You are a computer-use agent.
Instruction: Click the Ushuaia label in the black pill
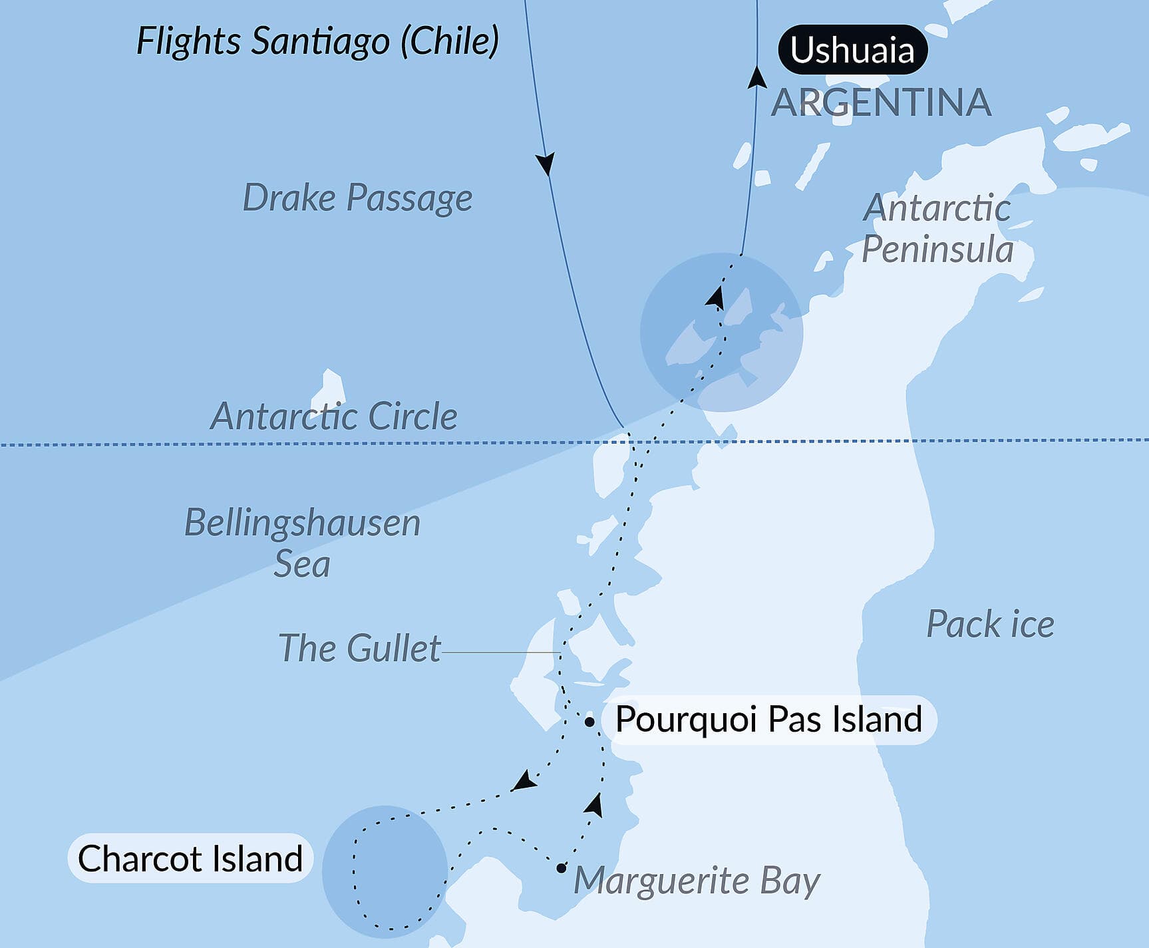pos(852,50)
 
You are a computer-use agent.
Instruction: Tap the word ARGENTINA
pos(881,102)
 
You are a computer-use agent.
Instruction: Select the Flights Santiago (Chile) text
pos(317,41)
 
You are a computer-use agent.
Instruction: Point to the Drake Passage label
pos(357,198)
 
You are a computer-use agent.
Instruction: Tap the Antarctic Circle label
pos(334,416)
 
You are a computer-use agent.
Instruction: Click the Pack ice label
pos(990,624)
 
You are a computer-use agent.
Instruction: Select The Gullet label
pos(359,648)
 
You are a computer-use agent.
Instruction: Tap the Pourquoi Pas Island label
pos(768,719)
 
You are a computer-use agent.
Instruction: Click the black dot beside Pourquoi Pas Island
pos(589,722)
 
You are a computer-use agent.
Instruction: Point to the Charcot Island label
pos(190,858)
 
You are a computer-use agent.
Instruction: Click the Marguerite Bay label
pos(697,880)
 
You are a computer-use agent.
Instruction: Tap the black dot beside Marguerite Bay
pos(562,868)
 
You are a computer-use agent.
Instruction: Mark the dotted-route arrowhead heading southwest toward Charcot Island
pos(525,781)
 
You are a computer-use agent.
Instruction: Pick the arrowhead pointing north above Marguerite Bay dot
pos(595,805)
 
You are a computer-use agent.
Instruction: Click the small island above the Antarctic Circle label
pos(332,385)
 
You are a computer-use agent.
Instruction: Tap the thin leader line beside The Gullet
pos(499,653)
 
